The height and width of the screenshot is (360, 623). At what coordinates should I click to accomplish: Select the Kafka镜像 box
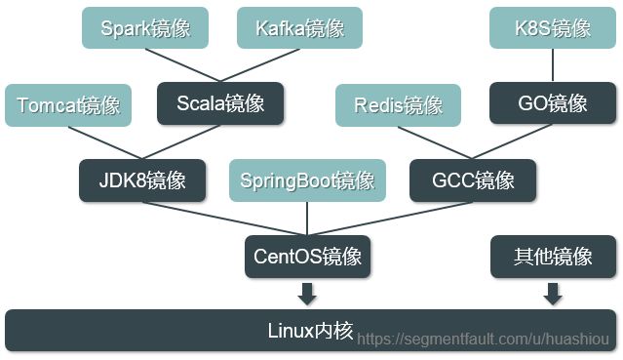299,28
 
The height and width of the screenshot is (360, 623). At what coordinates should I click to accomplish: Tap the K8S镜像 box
553,27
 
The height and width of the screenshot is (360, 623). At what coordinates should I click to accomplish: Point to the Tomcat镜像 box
68,104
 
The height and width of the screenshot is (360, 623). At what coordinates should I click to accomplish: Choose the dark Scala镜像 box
220,102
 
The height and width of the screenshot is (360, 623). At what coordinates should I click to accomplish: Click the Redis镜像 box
399,104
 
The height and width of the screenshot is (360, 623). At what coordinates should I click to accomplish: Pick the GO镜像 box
553,102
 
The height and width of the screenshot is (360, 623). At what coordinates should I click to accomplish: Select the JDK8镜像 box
142,180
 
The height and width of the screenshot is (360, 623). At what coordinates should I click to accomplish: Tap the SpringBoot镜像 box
307,180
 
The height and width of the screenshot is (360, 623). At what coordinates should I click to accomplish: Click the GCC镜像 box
474,180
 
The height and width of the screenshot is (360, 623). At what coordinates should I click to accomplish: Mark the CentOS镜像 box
307,257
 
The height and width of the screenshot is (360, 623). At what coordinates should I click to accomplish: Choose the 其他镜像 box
553,257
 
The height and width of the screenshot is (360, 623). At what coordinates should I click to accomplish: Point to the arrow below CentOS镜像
308,293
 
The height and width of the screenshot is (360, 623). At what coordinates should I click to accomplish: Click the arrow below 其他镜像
553,293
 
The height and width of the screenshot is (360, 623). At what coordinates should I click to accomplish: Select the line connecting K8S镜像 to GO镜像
553,65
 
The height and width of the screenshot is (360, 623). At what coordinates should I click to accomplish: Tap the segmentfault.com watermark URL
483,338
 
